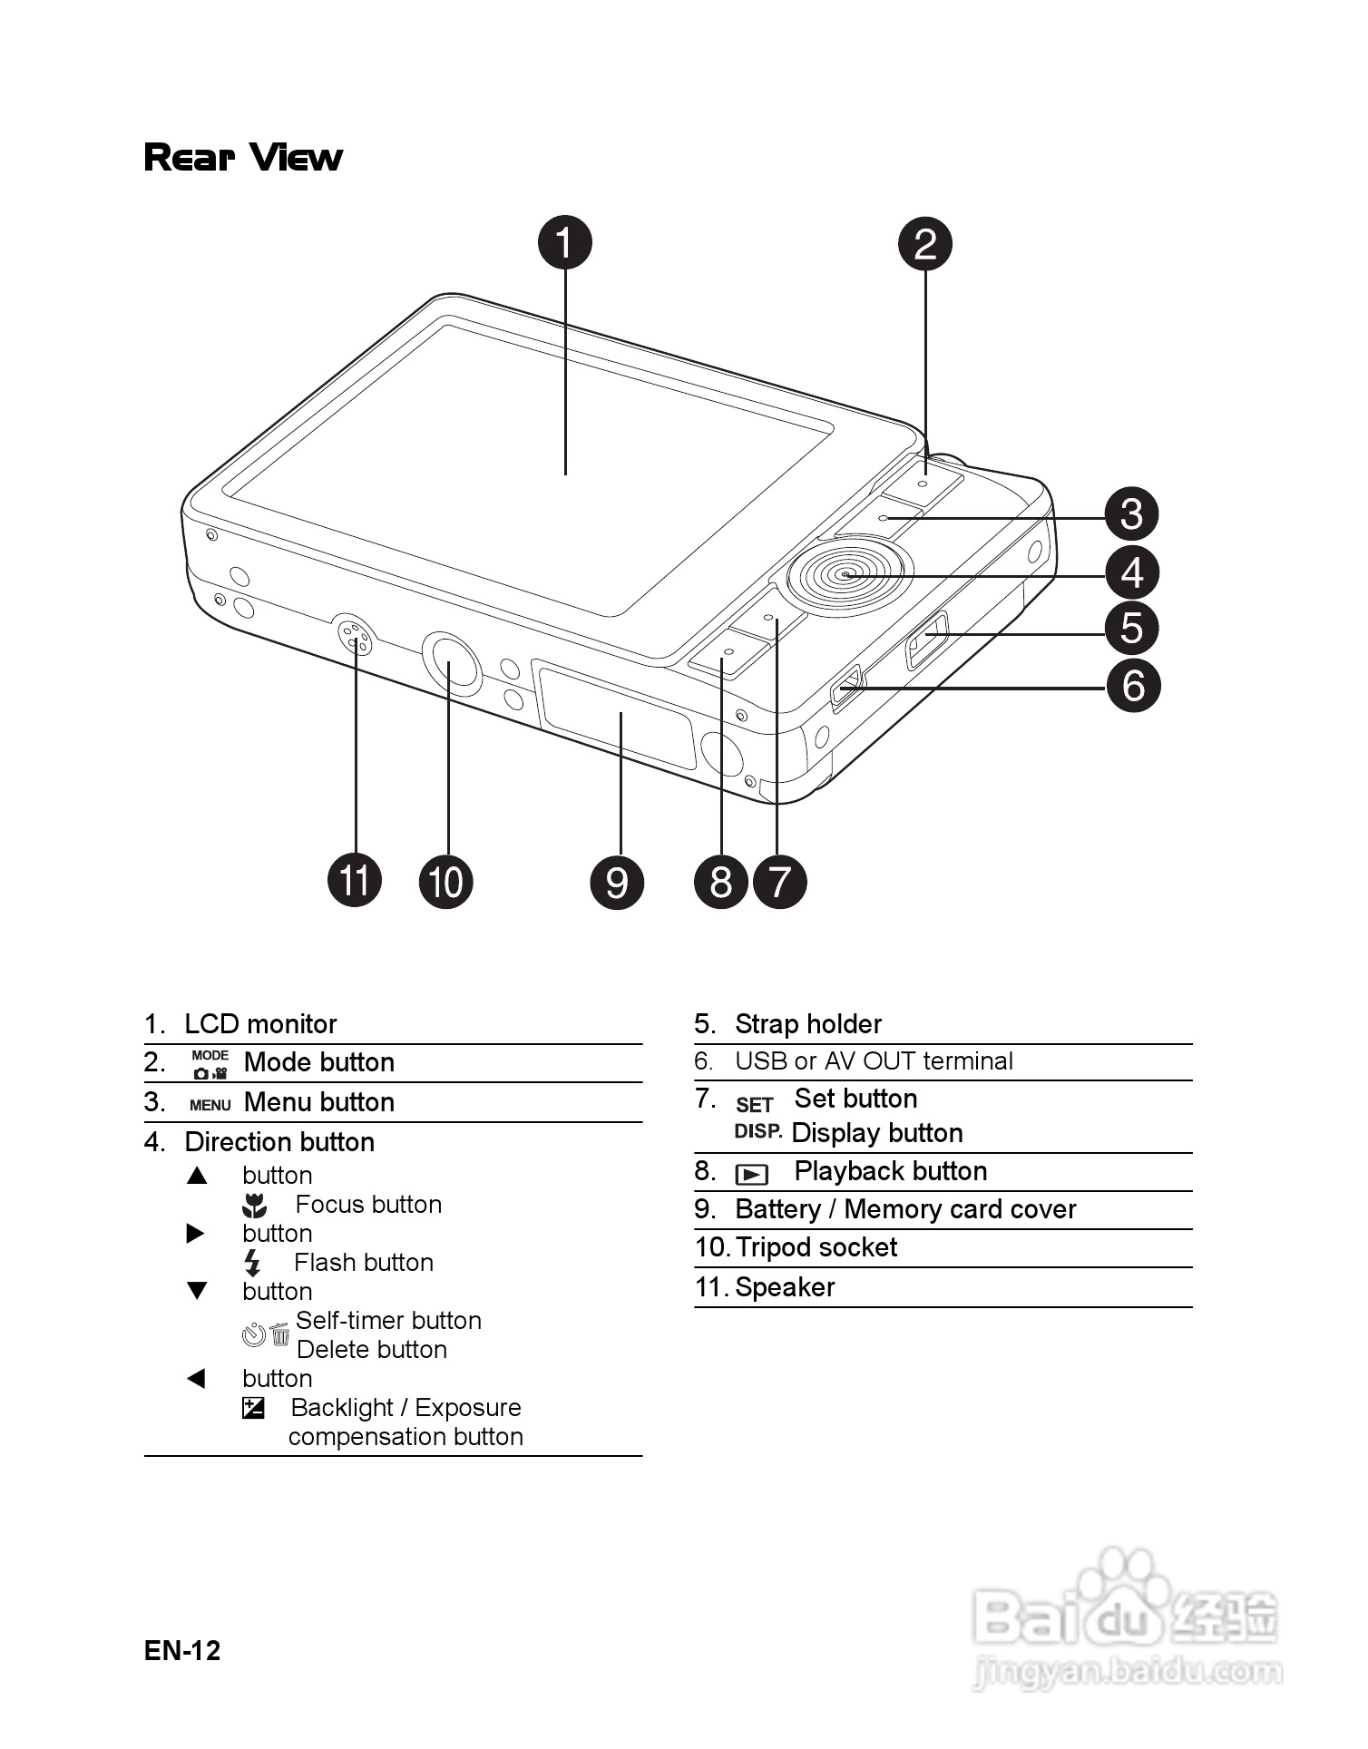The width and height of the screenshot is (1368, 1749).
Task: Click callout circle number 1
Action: click(564, 242)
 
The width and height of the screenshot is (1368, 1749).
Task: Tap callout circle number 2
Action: click(924, 244)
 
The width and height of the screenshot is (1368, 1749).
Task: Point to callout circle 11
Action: click(355, 880)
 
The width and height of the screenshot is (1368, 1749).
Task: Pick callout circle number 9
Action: click(617, 882)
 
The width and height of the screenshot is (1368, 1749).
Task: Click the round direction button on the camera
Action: click(846, 573)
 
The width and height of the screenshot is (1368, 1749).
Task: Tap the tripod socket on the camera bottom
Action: click(451, 663)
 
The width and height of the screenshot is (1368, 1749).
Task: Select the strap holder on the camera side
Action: click(926, 640)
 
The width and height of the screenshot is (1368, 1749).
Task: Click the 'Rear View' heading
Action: click(243, 157)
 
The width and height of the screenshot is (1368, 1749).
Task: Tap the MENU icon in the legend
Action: click(210, 1105)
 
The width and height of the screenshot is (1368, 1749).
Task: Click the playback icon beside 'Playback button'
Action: click(752, 1175)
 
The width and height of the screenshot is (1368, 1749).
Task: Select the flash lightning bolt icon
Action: click(253, 1263)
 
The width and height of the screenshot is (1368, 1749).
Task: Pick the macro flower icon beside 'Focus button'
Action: click(255, 1206)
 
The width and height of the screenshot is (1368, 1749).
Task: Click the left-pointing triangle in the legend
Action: click(196, 1379)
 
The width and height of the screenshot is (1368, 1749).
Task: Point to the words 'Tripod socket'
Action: click(816, 1248)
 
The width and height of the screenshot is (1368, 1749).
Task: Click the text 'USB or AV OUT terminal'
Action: click(874, 1061)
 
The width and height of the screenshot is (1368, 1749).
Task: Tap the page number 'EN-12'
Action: click(182, 1650)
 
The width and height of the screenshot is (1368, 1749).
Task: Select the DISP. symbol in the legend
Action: click(757, 1131)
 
